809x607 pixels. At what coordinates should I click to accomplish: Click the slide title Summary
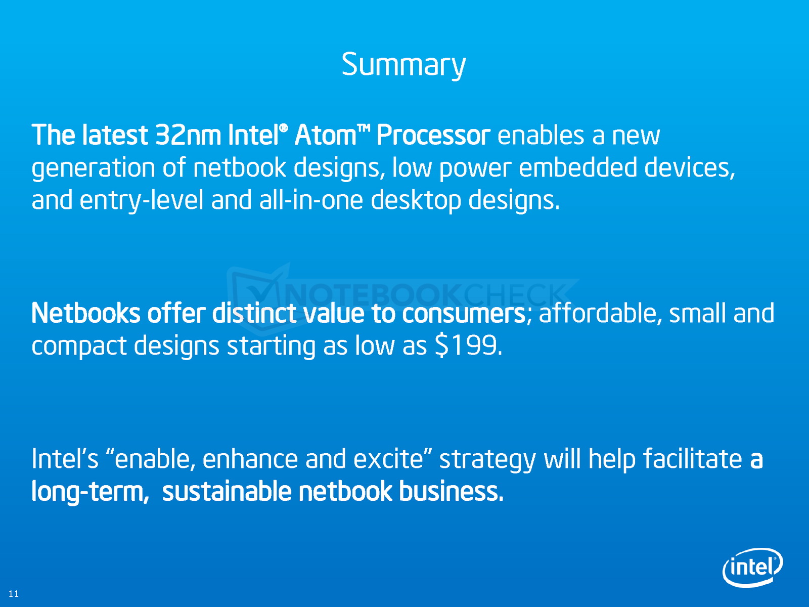(x=403, y=65)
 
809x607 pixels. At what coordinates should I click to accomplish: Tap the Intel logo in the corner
(x=752, y=567)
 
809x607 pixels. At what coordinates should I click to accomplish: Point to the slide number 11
(x=14, y=593)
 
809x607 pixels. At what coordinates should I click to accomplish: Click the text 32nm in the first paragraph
(x=188, y=135)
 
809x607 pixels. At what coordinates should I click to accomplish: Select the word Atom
(x=325, y=135)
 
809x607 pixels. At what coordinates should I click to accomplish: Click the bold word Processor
(x=433, y=135)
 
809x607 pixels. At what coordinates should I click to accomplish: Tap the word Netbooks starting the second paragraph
(x=86, y=313)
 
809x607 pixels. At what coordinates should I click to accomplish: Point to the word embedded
(x=578, y=168)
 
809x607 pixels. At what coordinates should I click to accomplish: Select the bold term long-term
(x=91, y=492)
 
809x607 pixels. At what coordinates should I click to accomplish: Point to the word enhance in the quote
(x=250, y=459)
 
